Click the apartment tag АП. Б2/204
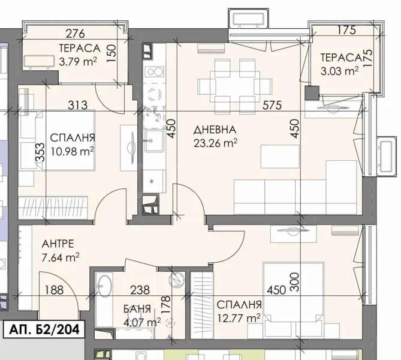click(x=43, y=329)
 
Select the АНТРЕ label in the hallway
click(x=58, y=244)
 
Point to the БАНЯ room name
click(x=132, y=310)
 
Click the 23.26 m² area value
click(x=215, y=142)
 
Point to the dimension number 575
click(x=272, y=106)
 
